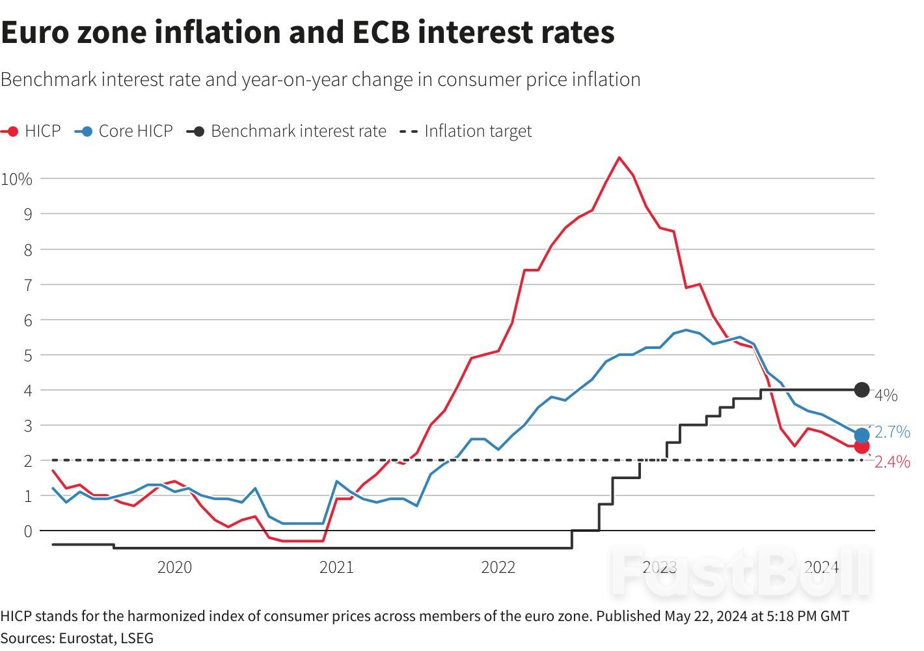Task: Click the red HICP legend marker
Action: pyautogui.click(x=11, y=132)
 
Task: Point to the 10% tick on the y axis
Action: pyautogui.click(x=16, y=179)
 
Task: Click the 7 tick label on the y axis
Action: pyautogui.click(x=27, y=285)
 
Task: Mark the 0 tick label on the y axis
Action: pyautogui.click(x=27, y=531)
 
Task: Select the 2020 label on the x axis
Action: pyautogui.click(x=174, y=567)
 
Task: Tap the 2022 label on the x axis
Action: pyautogui.click(x=498, y=567)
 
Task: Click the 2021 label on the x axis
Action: pyautogui.click(x=336, y=567)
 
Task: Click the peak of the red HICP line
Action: pyautogui.click(x=619, y=158)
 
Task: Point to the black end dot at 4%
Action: pyautogui.click(x=862, y=390)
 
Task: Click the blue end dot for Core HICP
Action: pyautogui.click(x=862, y=436)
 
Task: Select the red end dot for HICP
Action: pyautogui.click(x=862, y=447)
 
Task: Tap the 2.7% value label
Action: pyautogui.click(x=892, y=432)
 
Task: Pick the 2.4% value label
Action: pyautogui.click(x=892, y=462)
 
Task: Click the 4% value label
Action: pyautogui.click(x=886, y=395)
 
